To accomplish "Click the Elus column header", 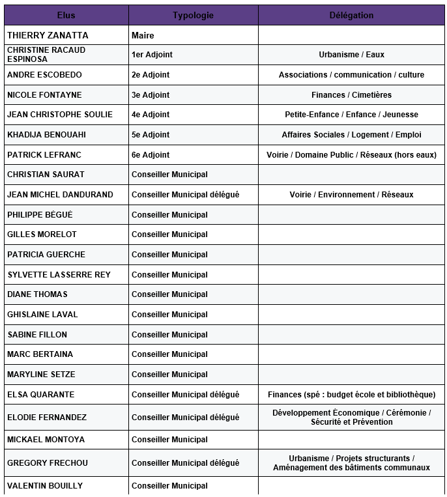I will coord(66,15).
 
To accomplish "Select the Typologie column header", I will coord(193,15).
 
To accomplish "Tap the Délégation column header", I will coord(351,15).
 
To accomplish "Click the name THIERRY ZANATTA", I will coord(48,35).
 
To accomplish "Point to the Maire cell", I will coord(143,35).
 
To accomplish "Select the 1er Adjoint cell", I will coord(152,55).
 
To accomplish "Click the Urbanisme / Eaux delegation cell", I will coord(351,55).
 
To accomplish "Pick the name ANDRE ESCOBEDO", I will coord(44,75).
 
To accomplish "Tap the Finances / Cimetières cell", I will coord(351,95).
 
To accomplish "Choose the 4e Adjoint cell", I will coord(151,115).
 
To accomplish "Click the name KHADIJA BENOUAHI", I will coord(46,135).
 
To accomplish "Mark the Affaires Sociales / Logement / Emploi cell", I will coord(351,135).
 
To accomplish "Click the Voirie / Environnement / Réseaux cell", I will coord(351,195).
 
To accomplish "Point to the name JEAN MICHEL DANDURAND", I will coord(60,195).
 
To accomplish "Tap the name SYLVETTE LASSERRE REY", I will coord(59,275).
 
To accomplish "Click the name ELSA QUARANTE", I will coord(40,395).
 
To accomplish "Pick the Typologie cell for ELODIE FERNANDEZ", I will coord(185,418).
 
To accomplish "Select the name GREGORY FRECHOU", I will coord(48,463).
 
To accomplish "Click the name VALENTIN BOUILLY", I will coord(45,486).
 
